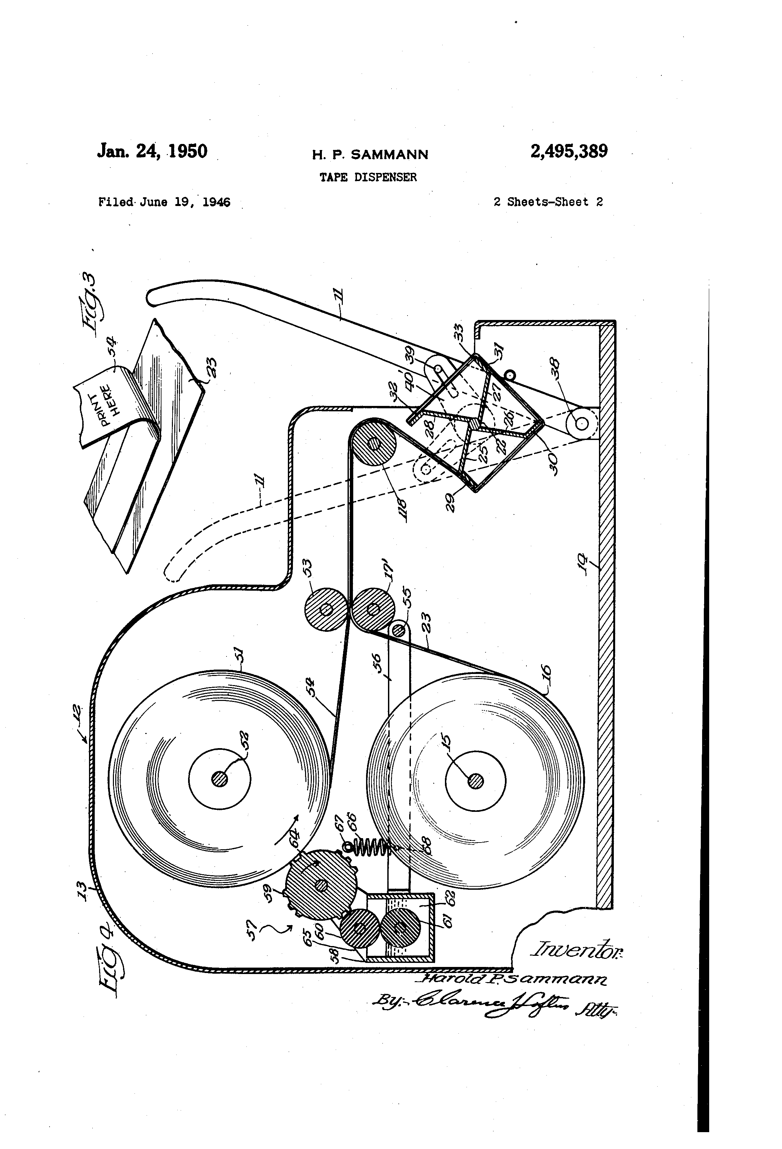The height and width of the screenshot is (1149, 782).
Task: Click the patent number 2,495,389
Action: [x=568, y=151]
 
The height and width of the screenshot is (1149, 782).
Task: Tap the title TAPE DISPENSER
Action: [x=368, y=177]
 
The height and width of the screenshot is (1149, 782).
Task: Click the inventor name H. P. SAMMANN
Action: [x=370, y=155]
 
